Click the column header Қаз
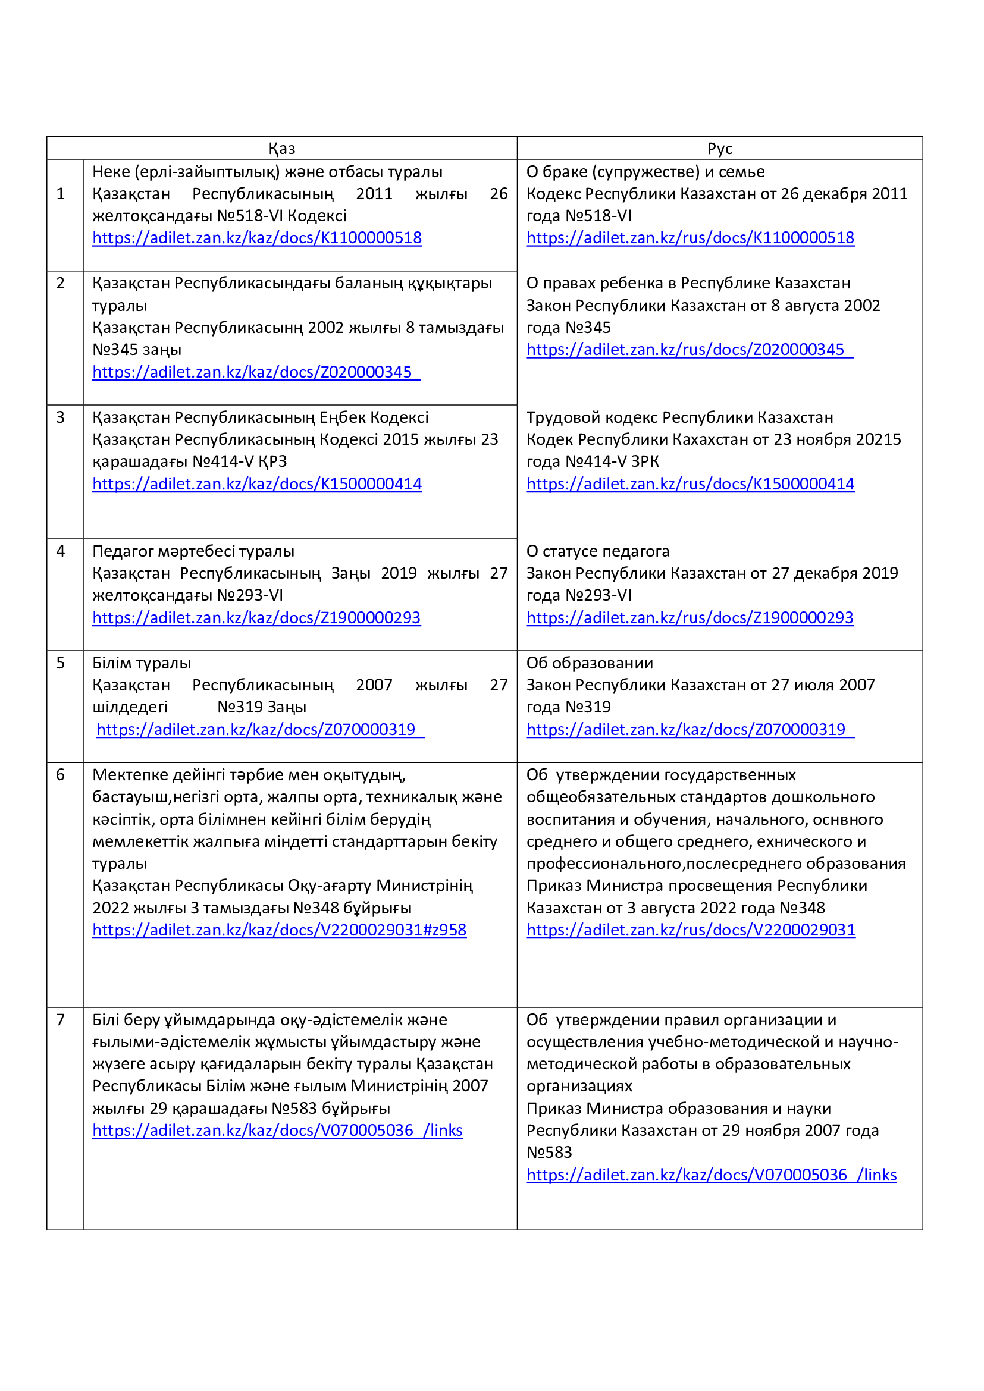pyautogui.click(x=282, y=149)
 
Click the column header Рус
pyautogui.click(x=720, y=149)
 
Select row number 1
pyautogui.click(x=61, y=194)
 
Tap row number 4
pyautogui.click(x=61, y=551)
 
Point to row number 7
pyautogui.click(x=61, y=1020)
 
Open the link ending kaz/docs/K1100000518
pyautogui.click(x=257, y=237)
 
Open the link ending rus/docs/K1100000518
pyautogui.click(x=690, y=237)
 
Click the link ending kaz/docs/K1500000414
pyautogui.click(x=257, y=483)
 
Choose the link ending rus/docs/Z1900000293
pyautogui.click(x=690, y=617)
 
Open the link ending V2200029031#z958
pyautogui.click(x=280, y=930)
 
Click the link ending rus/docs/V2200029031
pyautogui.click(x=691, y=930)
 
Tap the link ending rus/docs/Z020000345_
pyautogui.click(x=690, y=350)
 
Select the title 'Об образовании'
pyautogui.click(x=590, y=662)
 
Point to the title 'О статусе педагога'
pyautogui.click(x=597, y=551)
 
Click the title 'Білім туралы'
pyautogui.click(x=141, y=662)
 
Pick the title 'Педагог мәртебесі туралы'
pyautogui.click(x=193, y=551)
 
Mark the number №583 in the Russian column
pyautogui.click(x=549, y=1152)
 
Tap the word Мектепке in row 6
pyautogui.click(x=130, y=774)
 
